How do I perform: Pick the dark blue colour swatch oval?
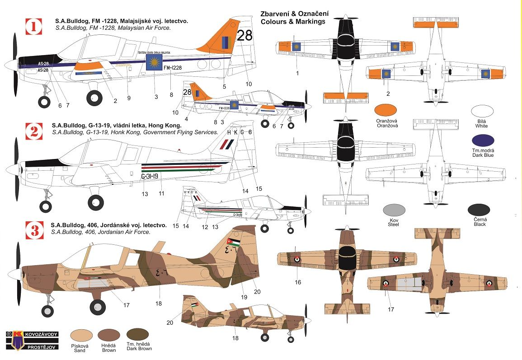click(482, 141)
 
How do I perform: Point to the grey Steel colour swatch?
click(393, 210)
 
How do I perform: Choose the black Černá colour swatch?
click(479, 210)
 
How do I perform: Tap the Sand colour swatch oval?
click(83, 335)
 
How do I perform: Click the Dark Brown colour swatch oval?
click(138, 335)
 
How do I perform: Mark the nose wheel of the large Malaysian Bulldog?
click(44, 102)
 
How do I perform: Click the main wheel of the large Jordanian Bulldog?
click(97, 307)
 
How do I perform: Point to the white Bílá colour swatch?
click(482, 112)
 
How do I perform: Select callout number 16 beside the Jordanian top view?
click(298, 282)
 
